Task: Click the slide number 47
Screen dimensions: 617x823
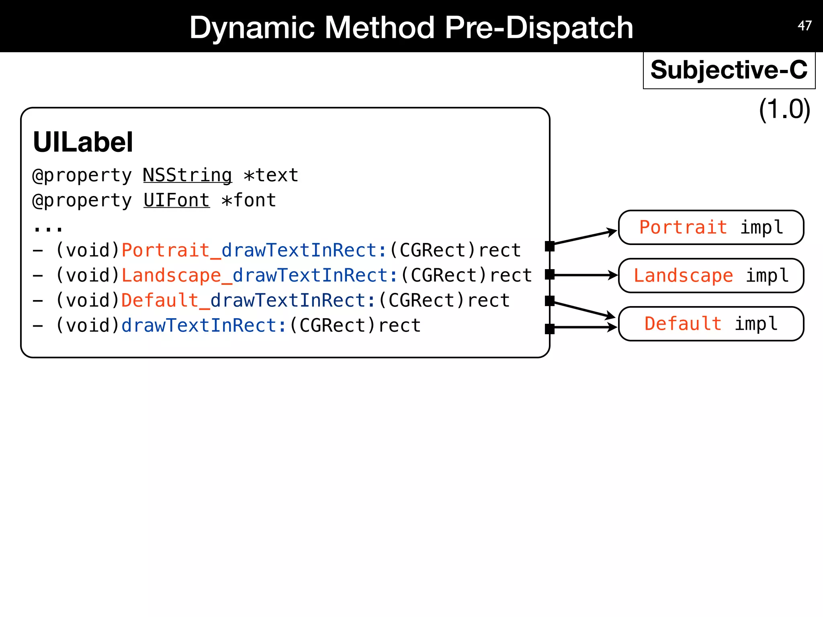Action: point(805,26)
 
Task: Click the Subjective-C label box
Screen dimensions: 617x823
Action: point(729,70)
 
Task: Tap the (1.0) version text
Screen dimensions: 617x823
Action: point(784,109)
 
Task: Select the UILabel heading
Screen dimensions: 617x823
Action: point(83,142)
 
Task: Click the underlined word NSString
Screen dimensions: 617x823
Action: point(187,176)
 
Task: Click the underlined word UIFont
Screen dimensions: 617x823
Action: point(176,200)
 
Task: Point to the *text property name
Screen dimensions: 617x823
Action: point(271,176)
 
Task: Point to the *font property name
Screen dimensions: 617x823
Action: point(249,200)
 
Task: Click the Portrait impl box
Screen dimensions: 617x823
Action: point(710,227)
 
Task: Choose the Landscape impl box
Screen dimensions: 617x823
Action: point(710,276)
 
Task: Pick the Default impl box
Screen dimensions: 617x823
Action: point(710,324)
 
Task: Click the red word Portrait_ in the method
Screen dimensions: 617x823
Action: point(171,250)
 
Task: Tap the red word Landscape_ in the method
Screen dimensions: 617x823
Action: point(177,276)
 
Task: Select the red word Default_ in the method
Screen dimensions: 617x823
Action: point(166,300)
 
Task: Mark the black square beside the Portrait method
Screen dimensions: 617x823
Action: point(550,246)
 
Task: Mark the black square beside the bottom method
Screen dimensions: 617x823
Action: point(550,329)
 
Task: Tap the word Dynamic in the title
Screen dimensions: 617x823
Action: point(252,27)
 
